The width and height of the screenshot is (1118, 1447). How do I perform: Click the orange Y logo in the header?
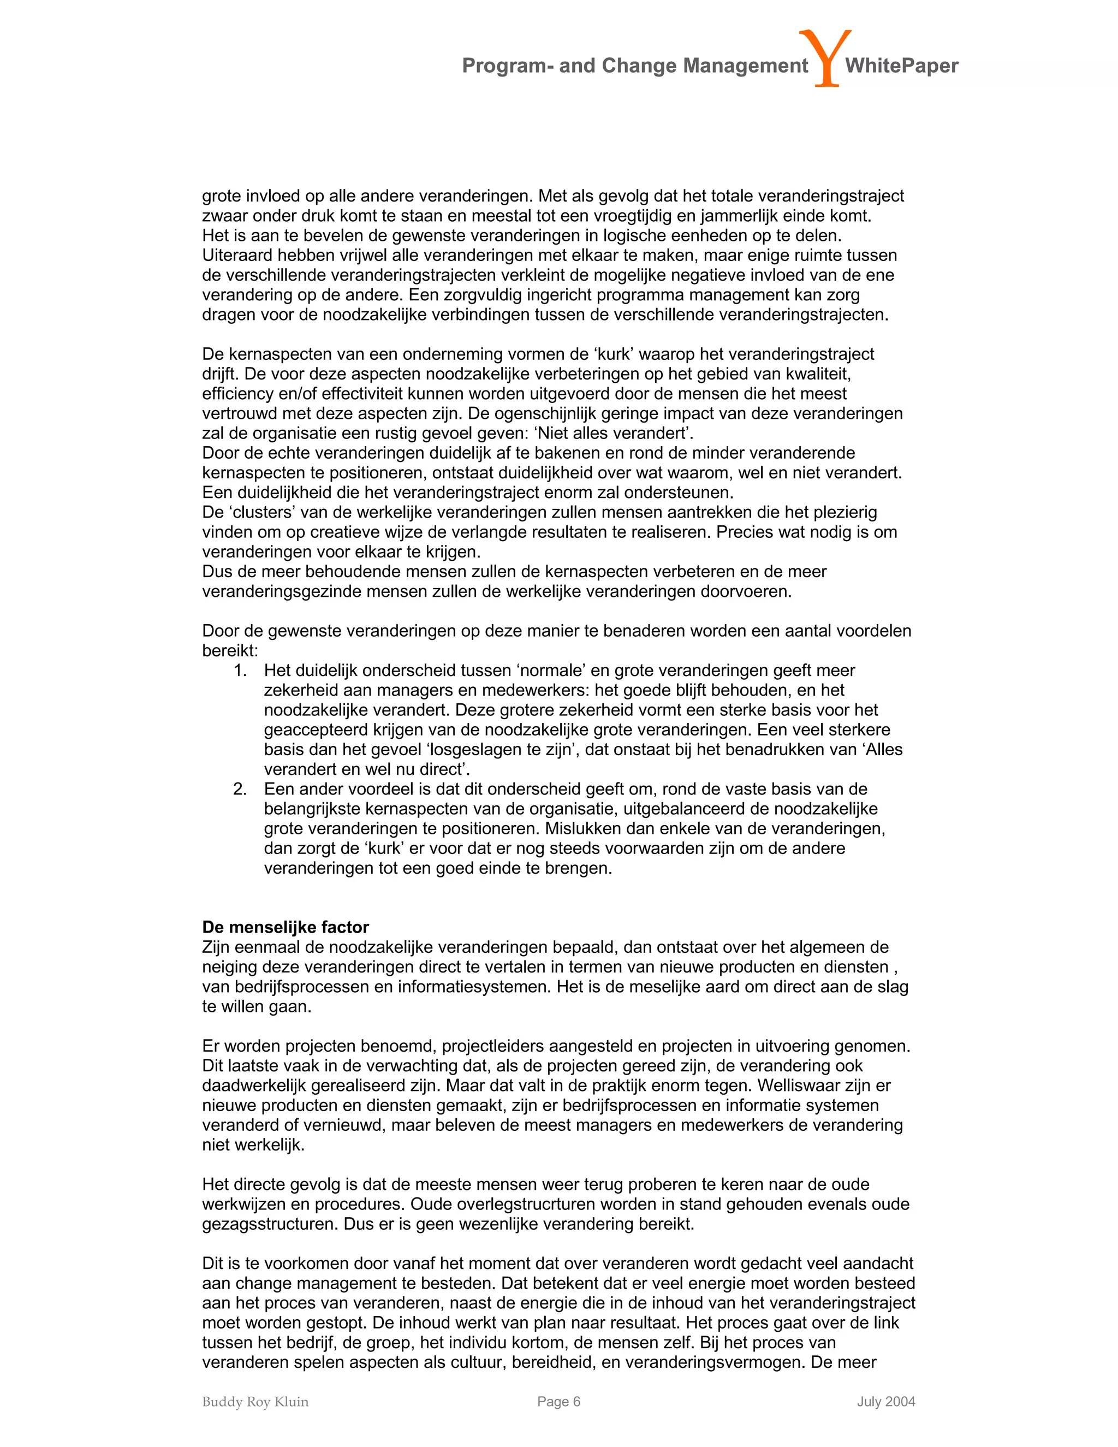[825, 58]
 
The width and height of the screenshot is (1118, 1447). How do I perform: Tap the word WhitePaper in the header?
[901, 66]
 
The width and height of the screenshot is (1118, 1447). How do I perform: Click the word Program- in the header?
[507, 66]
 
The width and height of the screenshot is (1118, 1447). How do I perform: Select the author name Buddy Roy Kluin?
[255, 1401]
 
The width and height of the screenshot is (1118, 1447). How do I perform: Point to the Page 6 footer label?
[558, 1401]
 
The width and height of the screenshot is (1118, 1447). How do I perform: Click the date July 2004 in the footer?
[885, 1401]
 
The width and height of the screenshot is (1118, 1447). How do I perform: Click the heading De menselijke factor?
[286, 927]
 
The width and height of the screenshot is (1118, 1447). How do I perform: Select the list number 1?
[240, 671]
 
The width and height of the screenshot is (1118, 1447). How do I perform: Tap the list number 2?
[240, 789]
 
